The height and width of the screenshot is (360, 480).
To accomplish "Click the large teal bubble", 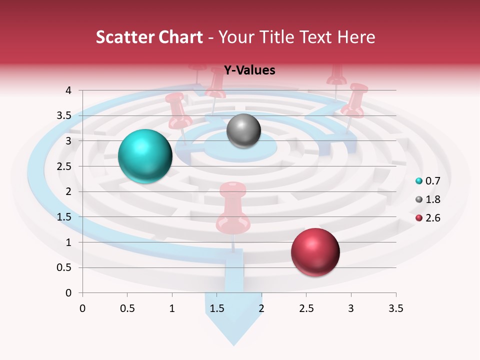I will click(145, 156).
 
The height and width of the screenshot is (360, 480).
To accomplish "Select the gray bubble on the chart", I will click(243, 131).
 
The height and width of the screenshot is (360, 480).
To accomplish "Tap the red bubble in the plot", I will click(315, 252).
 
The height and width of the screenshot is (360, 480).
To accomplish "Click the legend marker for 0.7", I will click(419, 180).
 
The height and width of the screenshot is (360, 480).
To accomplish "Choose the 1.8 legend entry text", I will click(433, 199).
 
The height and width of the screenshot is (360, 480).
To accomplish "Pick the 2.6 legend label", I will click(433, 218).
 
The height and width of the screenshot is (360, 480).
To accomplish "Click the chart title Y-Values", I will click(249, 70).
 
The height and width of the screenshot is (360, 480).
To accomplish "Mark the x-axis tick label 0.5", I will click(127, 308).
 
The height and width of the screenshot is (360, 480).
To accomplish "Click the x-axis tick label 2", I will click(261, 308).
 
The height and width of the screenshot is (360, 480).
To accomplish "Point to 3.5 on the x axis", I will click(395, 308).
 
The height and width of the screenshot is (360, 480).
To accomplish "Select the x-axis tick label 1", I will click(172, 308).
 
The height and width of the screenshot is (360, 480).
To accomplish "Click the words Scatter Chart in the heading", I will click(149, 37).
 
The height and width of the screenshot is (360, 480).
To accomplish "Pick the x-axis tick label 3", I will click(351, 308).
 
